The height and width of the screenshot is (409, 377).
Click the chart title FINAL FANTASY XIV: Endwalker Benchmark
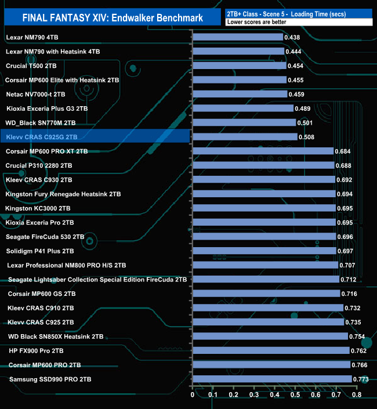tap(113, 18)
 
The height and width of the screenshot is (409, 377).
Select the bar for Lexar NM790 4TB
tap(237, 37)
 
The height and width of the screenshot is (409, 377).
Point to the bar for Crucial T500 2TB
tap(239, 66)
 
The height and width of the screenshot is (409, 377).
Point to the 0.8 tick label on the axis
tap(356, 395)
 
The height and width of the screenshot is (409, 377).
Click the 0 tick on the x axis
tap(193, 395)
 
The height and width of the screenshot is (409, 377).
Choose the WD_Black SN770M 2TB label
tap(41, 123)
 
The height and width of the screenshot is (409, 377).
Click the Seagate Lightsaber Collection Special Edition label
tap(97, 280)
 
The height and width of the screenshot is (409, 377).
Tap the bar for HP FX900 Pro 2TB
tap(270, 351)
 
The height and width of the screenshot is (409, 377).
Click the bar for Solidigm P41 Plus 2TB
tap(264, 251)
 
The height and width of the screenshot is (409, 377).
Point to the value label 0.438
tap(292, 37)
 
